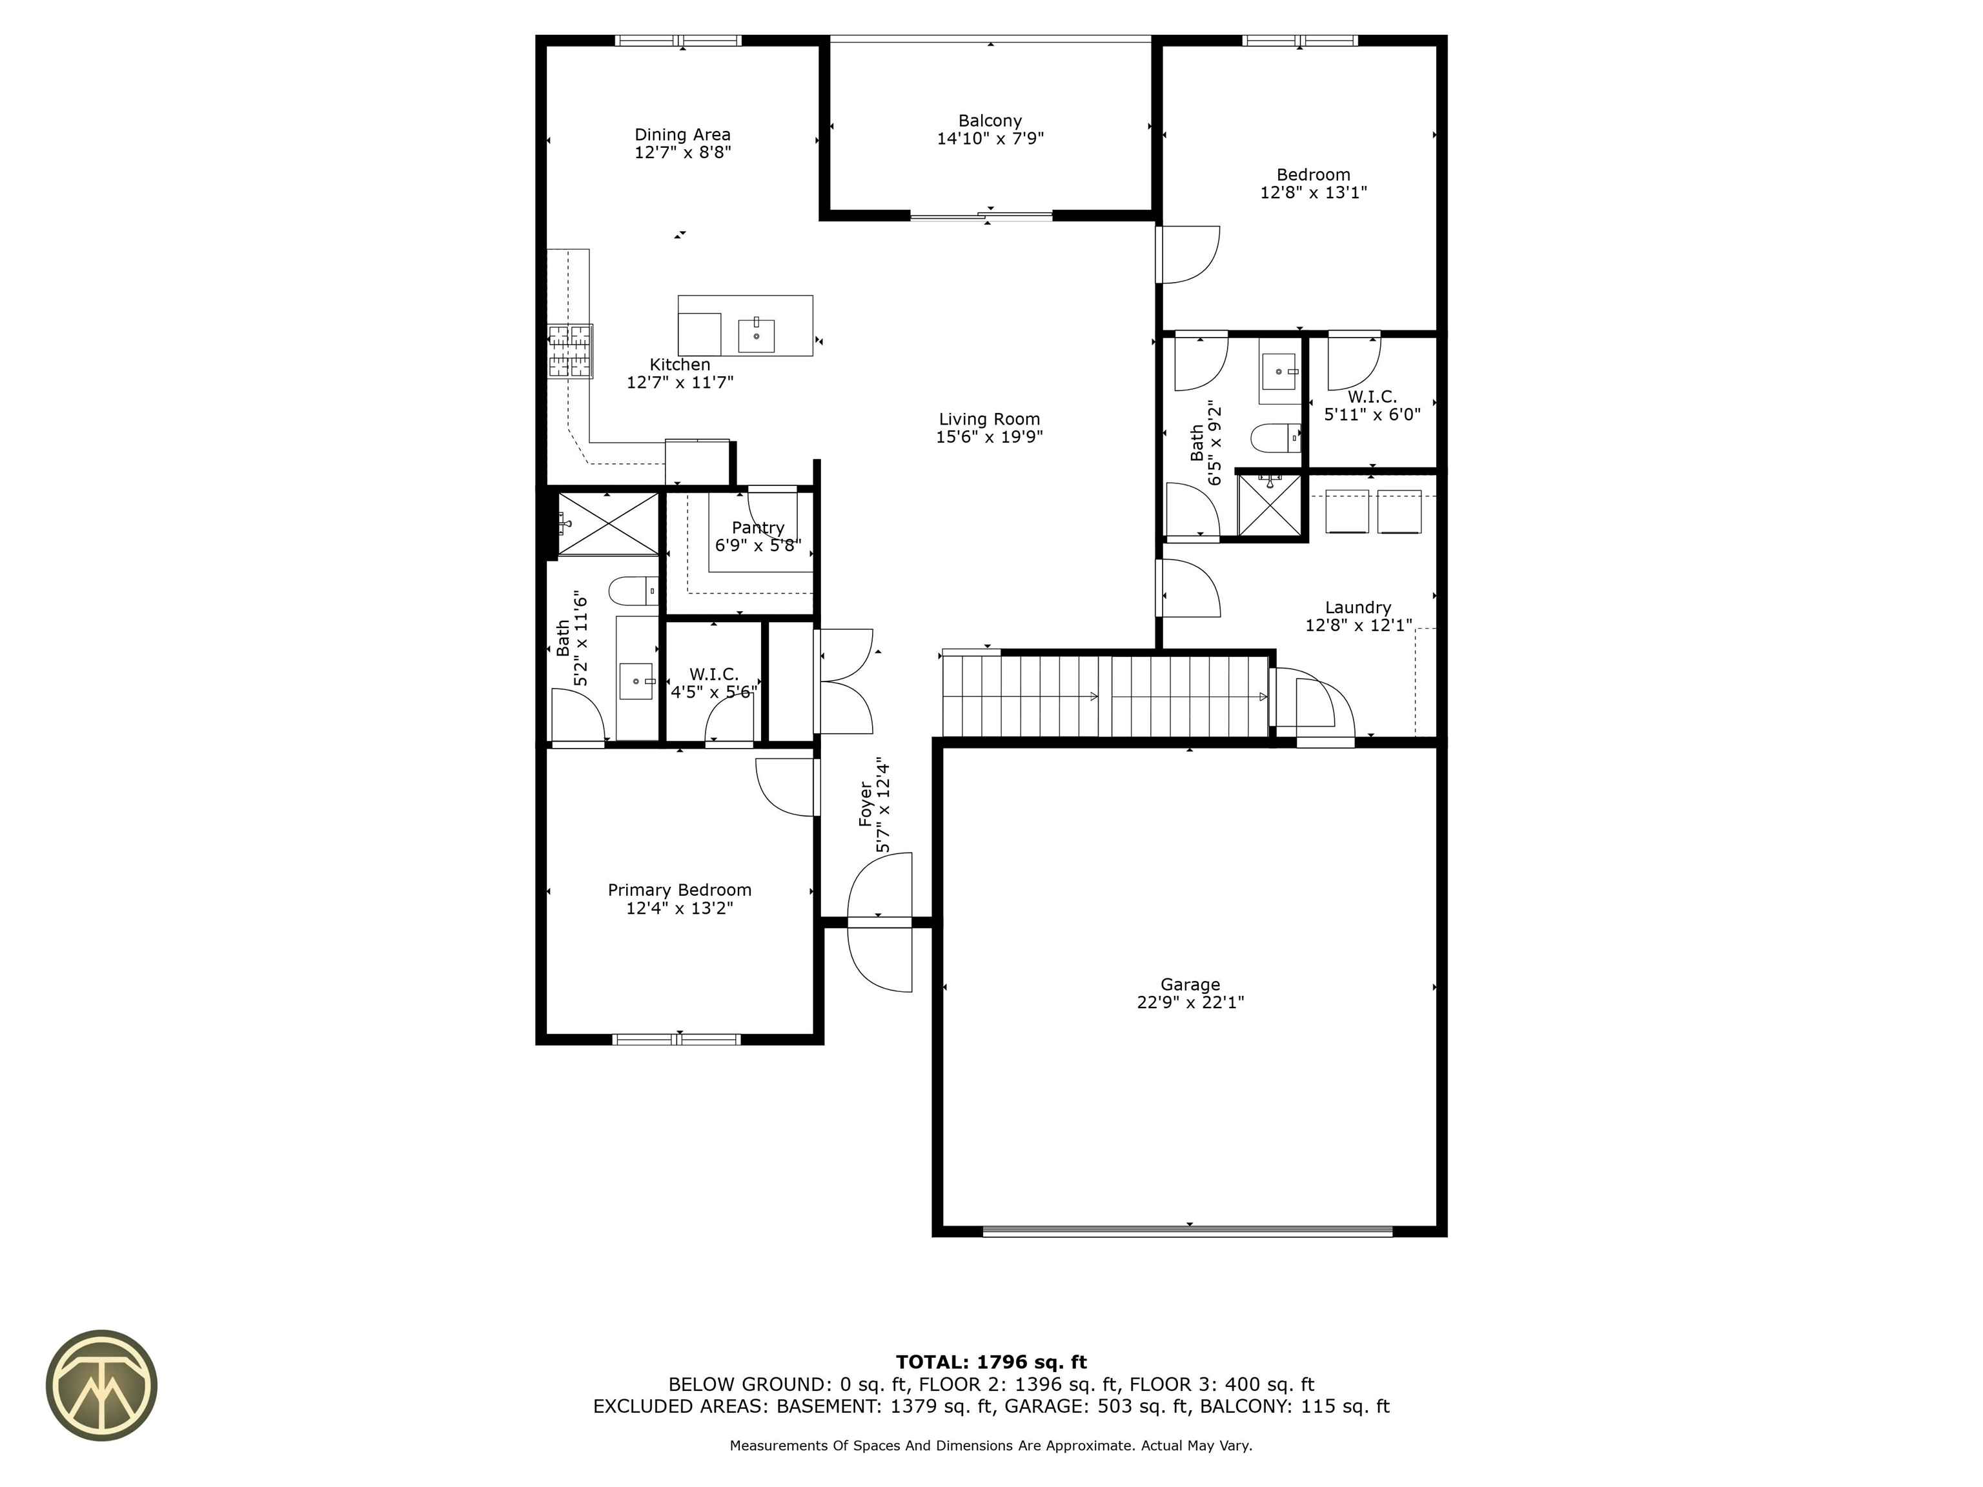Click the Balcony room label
click(990, 121)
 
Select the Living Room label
click(989, 420)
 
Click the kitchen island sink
click(756, 334)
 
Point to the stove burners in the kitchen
click(570, 350)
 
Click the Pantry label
click(758, 528)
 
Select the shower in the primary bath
click(608, 523)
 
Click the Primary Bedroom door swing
click(786, 787)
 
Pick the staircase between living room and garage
click(1105, 696)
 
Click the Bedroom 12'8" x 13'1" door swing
click(1188, 254)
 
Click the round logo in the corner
click(101, 1385)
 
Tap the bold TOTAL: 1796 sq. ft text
click(991, 1362)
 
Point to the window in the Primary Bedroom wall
click(677, 1039)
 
